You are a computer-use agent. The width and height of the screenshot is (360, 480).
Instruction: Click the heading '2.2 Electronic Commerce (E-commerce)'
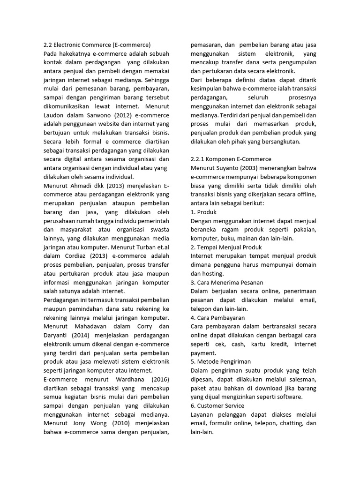pos(97,45)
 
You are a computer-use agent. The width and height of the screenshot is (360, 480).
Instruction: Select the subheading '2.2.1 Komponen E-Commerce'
pos(231,159)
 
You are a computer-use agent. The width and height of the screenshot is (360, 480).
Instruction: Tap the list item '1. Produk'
pos(203,212)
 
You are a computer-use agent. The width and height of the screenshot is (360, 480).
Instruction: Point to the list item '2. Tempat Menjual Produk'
pos(226,247)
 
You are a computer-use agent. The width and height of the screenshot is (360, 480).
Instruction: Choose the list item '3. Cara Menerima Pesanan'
pos(227,282)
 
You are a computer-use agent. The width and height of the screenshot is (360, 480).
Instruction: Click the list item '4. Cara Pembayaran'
pos(218,317)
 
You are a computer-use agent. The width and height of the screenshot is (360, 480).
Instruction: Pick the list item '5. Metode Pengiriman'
pos(221,361)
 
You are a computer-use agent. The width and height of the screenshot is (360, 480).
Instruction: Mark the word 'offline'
pos(306,194)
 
